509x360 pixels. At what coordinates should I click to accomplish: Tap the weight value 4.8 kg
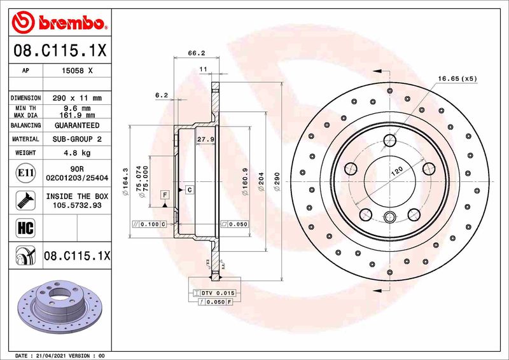coord(76,153)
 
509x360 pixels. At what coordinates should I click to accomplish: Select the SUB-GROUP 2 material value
coord(76,139)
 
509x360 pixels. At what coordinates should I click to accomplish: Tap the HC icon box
coord(21,226)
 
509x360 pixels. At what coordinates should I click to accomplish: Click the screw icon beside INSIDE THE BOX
coord(21,200)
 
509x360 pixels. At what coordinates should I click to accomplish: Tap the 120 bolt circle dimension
coord(397,172)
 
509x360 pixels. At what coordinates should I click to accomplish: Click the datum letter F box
coord(165,194)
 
